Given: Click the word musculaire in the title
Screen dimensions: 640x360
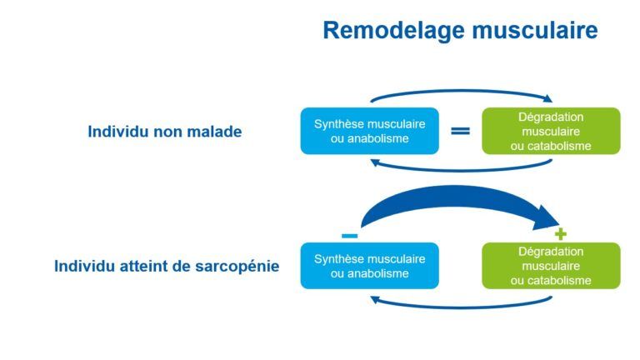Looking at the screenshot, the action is tap(535, 30).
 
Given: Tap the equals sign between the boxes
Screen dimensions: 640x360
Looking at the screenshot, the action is tap(460, 131).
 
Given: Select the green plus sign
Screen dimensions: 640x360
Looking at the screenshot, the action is tap(560, 234).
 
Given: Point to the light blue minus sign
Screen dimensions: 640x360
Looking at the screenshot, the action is tap(350, 236).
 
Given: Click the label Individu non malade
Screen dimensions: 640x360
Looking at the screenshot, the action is tap(164, 132).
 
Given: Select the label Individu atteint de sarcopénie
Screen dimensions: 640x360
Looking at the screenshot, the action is tap(167, 266).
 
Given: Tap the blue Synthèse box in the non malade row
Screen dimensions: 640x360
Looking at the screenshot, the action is tap(370, 131).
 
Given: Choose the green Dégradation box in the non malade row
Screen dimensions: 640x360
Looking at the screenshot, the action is tap(551, 131).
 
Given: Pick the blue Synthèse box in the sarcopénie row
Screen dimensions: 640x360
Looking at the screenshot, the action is tap(370, 266).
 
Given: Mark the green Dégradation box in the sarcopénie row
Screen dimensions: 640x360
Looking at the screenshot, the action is tap(551, 266).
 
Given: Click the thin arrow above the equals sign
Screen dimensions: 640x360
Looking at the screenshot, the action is tap(460, 91).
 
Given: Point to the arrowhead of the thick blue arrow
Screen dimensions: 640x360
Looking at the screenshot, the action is tap(547, 219).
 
